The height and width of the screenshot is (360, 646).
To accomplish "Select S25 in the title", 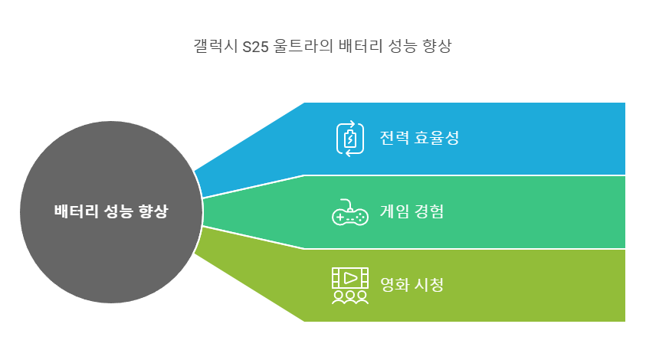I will click(255, 47).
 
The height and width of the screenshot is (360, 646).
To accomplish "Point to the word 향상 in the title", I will click(437, 47).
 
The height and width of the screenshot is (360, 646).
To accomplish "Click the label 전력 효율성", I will click(418, 139).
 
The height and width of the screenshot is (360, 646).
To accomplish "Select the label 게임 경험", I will click(412, 211).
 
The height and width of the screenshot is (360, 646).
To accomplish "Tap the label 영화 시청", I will click(412, 285).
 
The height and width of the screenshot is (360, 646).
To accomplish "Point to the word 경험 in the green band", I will click(428, 211).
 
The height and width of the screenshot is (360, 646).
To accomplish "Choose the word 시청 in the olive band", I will click(428, 285).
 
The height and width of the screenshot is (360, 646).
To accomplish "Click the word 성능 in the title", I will click(398, 47).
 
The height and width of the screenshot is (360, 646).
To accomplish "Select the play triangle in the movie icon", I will click(350, 277).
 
